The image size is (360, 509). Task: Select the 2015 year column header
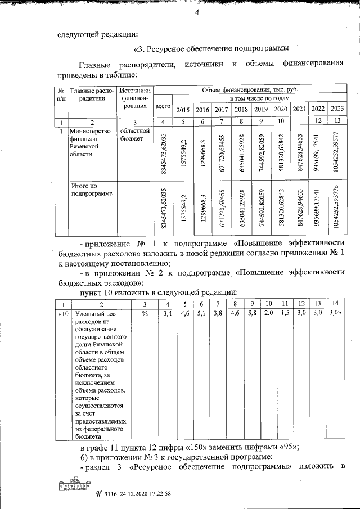(x=183, y=109)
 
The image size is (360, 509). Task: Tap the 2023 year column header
(x=337, y=109)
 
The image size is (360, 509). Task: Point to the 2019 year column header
(x=261, y=109)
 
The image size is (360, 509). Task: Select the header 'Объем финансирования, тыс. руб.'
(x=249, y=89)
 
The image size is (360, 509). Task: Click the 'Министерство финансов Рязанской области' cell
(x=85, y=142)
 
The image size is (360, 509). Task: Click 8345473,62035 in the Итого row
(x=164, y=209)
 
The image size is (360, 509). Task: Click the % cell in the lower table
(x=144, y=313)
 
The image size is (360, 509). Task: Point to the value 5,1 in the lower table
(x=201, y=313)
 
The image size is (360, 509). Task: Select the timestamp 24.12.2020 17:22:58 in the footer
(x=138, y=494)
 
